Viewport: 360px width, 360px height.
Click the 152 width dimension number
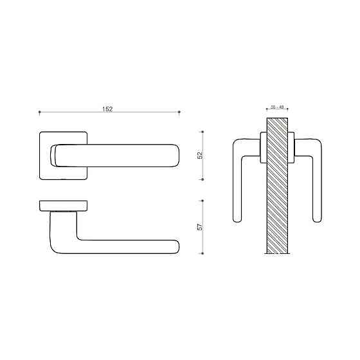point(108,109)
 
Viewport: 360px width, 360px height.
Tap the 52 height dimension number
point(199,155)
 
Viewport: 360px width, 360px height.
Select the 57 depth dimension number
point(199,226)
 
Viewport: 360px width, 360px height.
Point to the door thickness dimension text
point(277,106)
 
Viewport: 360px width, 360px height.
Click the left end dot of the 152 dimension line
point(39,113)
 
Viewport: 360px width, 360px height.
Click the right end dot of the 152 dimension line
point(179,113)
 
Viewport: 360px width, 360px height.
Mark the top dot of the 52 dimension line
point(203,131)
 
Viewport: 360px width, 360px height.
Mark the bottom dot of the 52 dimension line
point(203,180)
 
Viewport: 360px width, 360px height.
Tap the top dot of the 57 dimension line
point(203,200)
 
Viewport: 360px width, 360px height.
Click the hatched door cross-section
point(278,186)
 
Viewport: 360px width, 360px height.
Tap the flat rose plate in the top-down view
point(63,205)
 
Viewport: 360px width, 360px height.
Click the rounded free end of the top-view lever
point(175,247)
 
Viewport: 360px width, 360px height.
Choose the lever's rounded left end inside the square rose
point(55,155)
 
